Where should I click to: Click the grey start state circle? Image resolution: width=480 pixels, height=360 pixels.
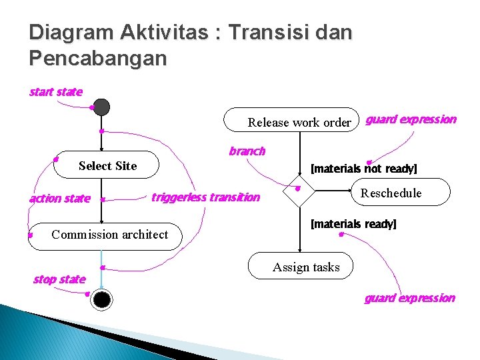tap(101, 107)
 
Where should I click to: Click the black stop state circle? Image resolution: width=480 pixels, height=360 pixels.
tap(101, 299)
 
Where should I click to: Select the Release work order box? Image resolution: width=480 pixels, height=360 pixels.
tap(299, 122)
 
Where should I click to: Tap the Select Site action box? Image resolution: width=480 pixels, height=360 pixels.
tap(107, 165)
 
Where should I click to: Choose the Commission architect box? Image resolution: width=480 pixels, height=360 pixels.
tap(109, 235)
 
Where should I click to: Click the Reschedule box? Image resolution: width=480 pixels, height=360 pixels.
tap(391, 193)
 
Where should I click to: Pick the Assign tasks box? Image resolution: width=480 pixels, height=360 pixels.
tap(306, 267)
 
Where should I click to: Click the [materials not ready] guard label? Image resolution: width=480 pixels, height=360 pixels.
tap(364, 169)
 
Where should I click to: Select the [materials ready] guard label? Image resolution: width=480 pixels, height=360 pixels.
tap(353, 224)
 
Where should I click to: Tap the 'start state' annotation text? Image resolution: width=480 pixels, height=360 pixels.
tap(56, 92)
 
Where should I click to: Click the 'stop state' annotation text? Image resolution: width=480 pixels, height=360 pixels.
tap(59, 279)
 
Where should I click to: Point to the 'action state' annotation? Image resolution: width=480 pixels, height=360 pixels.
tap(60, 199)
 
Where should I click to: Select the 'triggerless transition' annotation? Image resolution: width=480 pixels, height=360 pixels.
tap(205, 197)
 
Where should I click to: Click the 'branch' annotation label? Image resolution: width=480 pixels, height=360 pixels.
tap(247, 151)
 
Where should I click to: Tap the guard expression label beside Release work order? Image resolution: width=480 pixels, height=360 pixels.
tap(411, 120)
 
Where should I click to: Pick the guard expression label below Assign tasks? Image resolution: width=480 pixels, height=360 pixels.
tap(409, 298)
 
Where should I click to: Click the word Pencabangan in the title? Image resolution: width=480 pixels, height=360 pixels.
tap(98, 59)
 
